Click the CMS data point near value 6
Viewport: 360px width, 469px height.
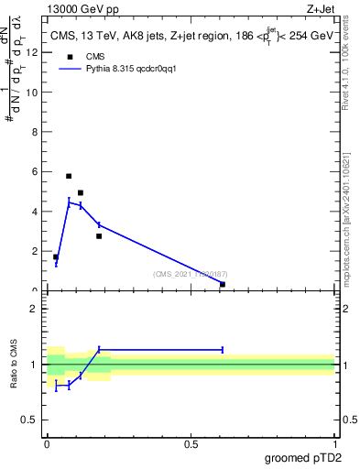point(69,176)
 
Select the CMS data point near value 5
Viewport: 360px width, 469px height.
point(81,193)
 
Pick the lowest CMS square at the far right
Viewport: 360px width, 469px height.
point(223,285)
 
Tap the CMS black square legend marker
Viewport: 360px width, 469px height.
point(67,55)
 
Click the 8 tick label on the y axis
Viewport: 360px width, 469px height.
point(34,132)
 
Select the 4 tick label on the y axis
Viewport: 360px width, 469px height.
point(34,212)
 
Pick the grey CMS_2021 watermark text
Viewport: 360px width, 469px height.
point(190,275)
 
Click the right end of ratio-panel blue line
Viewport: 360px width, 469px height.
point(223,349)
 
